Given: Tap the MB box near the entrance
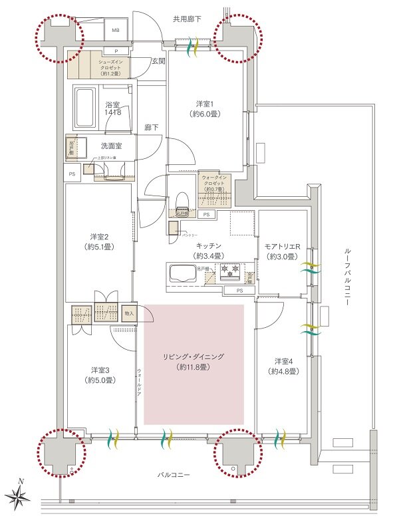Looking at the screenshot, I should click(x=114, y=31).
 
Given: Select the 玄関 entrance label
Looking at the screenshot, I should click(x=158, y=61).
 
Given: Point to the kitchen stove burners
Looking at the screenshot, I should click(x=230, y=271).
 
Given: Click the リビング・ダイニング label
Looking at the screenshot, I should click(x=194, y=362).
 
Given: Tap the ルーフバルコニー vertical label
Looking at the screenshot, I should click(x=348, y=277).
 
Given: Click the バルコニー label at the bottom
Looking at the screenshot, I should click(x=174, y=476).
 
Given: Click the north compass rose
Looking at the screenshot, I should click(x=21, y=495).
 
